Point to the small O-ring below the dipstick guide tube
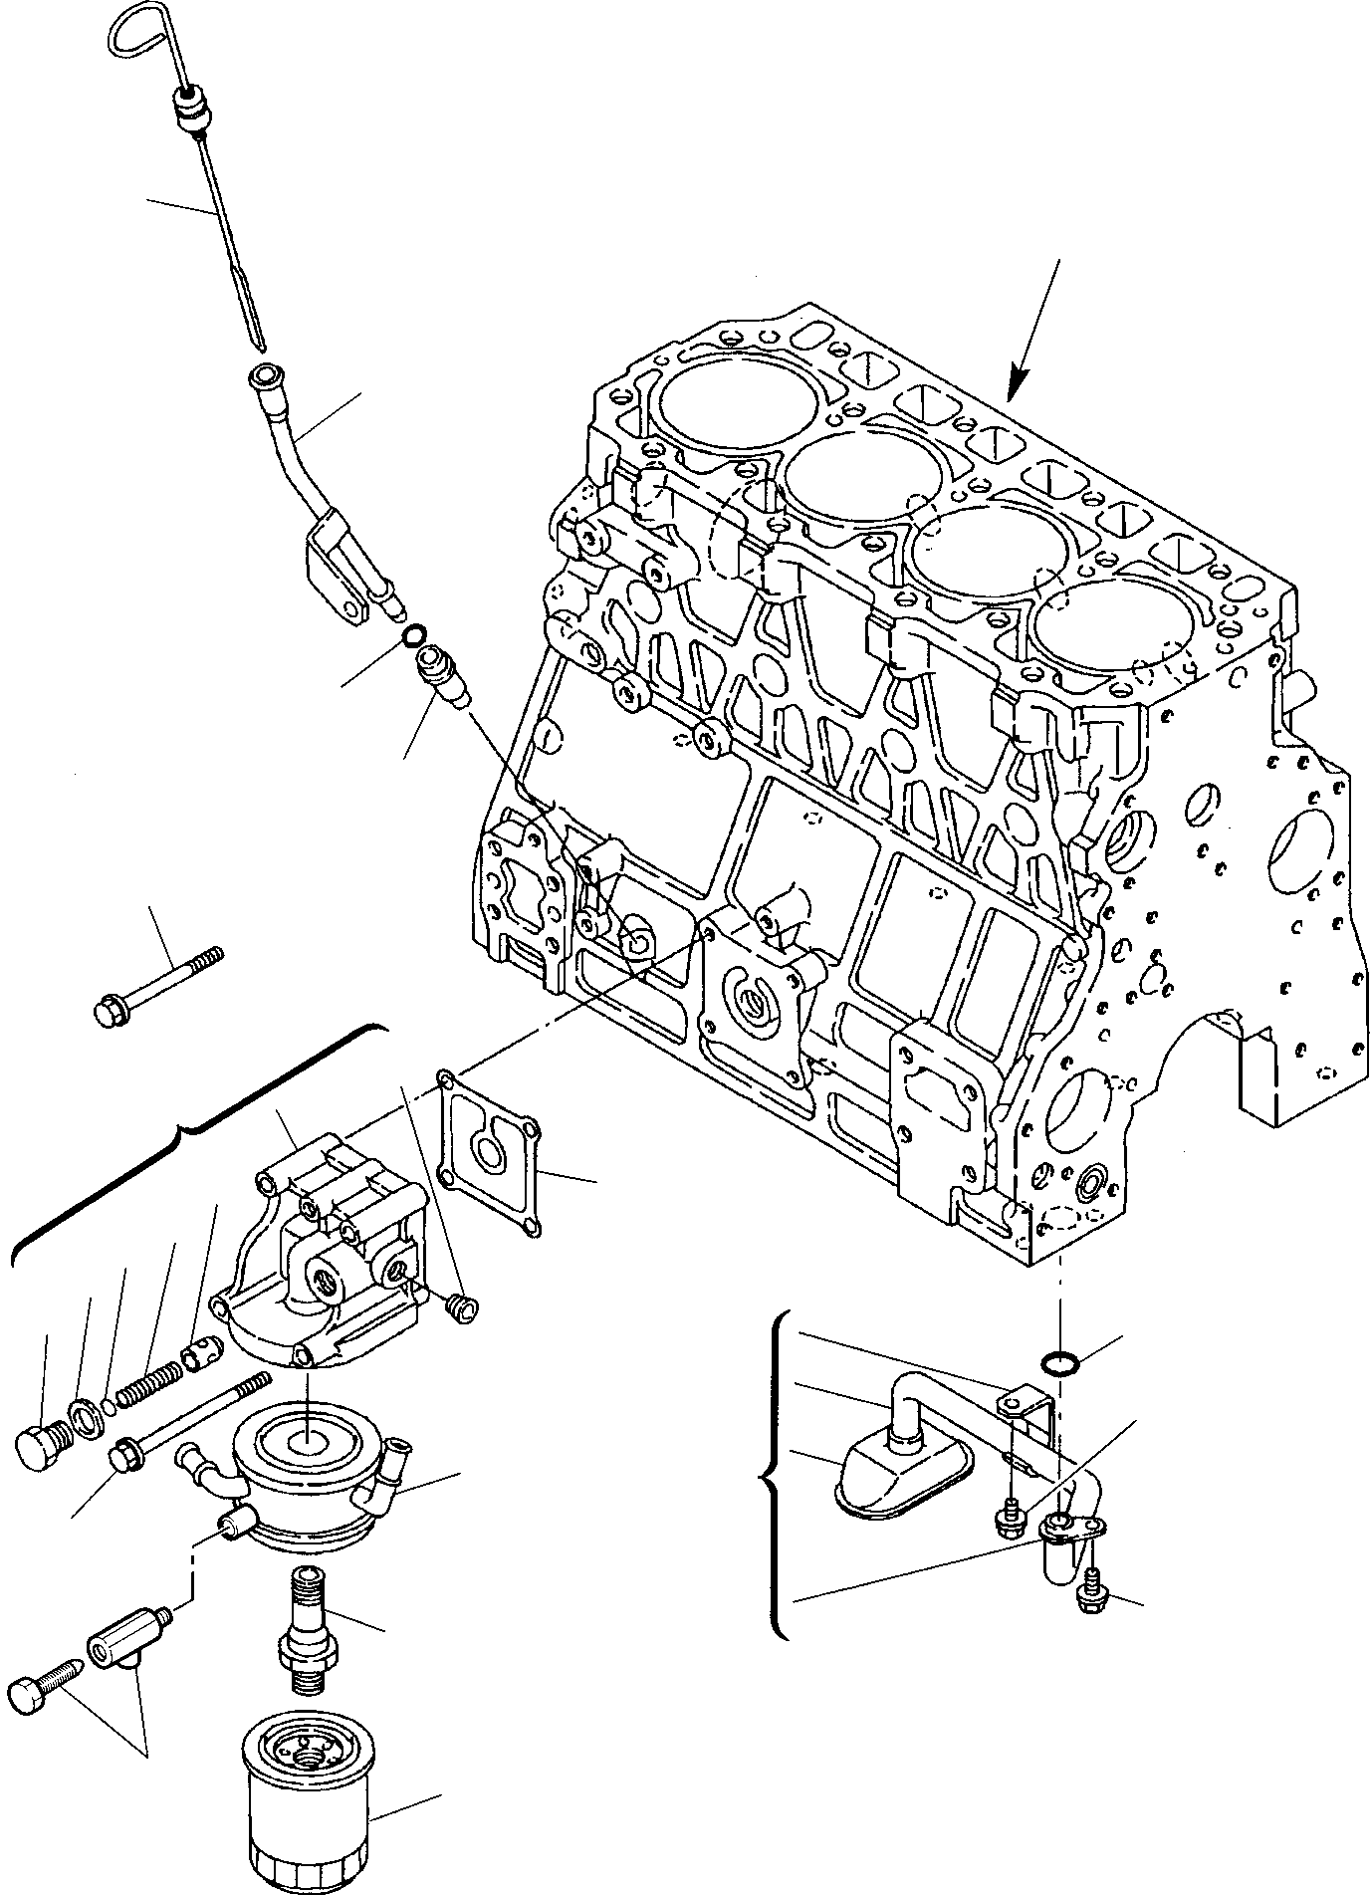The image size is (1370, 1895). coord(416,633)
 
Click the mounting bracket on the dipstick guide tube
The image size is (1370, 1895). coord(334,568)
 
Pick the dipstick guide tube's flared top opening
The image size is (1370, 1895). coord(266,378)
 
